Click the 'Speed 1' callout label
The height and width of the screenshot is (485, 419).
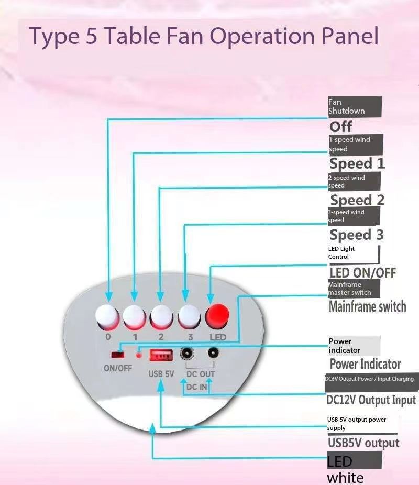pos(357,164)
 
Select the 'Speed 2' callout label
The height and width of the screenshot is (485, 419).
pos(357,200)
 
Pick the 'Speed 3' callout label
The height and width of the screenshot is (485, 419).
pos(357,235)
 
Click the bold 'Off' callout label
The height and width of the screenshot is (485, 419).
pos(341,127)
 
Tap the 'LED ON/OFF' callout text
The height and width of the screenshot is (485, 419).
pos(362,272)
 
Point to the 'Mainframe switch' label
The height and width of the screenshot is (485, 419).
pos(367,306)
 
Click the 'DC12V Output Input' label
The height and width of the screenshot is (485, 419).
pos(371,400)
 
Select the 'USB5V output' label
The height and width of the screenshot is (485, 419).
pos(363,443)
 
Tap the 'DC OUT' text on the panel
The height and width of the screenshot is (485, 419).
pos(201,374)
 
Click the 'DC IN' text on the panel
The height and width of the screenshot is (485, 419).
pos(197,387)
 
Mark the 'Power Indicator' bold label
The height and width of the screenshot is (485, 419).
pos(366,364)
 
